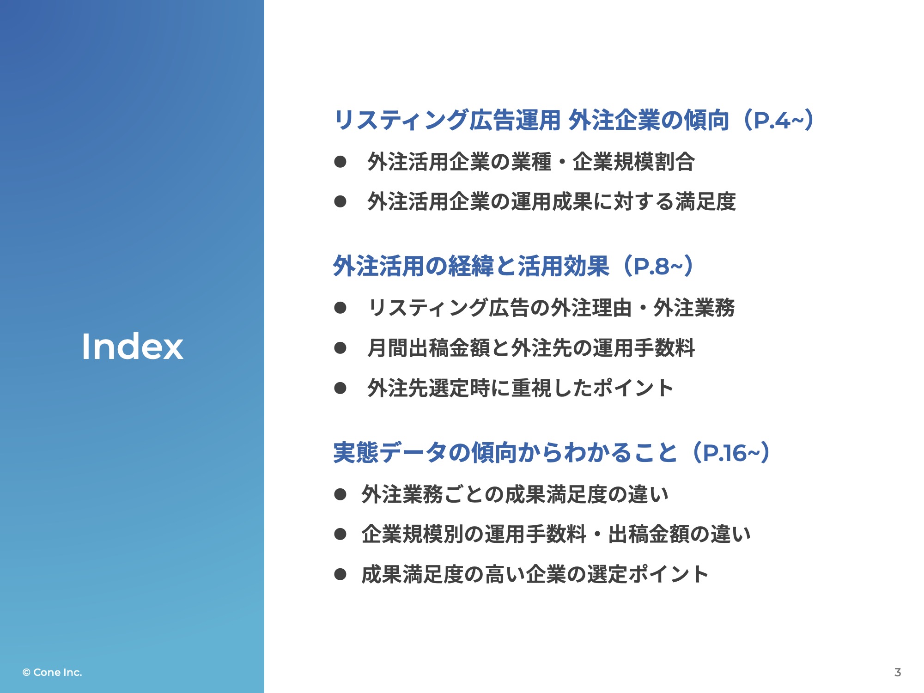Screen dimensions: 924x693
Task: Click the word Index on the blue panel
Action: [133, 346]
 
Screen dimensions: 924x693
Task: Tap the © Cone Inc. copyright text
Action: [52, 672]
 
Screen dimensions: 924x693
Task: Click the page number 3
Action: [898, 672]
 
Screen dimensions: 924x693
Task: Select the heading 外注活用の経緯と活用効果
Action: [471, 266]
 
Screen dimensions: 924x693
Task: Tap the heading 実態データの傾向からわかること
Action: [505, 452]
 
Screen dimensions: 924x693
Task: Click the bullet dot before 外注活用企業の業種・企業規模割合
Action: [340, 162]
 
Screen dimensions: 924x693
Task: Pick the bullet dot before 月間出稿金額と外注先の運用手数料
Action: [340, 348]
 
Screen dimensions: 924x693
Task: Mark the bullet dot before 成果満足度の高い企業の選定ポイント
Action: [340, 574]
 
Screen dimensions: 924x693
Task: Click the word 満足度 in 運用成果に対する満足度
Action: [705, 201]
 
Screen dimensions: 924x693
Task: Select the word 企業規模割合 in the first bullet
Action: [634, 162]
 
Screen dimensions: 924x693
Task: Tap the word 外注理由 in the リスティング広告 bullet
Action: [591, 308]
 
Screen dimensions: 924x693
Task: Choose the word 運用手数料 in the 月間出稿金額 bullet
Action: [644, 348]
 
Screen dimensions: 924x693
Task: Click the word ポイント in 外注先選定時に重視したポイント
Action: [632, 388]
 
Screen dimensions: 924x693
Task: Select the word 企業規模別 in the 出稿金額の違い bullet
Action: [413, 534]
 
